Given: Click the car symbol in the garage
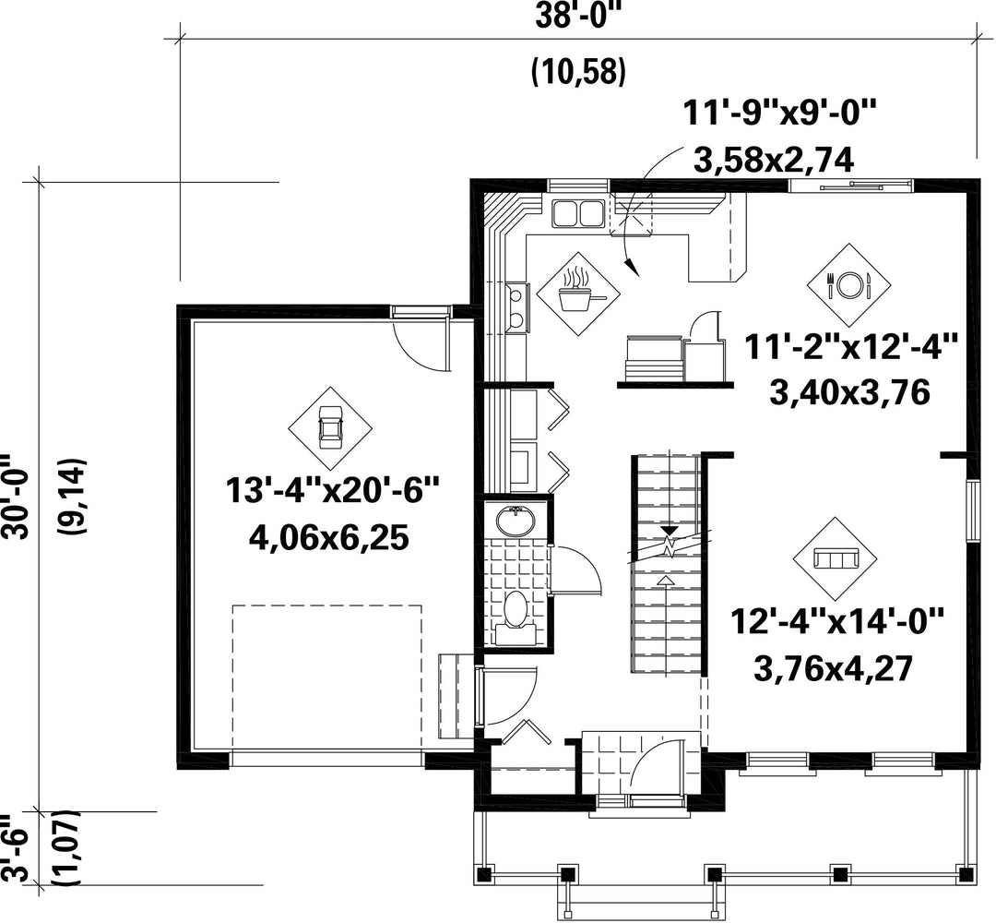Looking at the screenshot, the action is click(x=330, y=428).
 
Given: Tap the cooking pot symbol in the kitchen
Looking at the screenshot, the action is click(x=577, y=294).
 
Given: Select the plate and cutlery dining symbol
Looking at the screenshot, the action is click(x=848, y=285).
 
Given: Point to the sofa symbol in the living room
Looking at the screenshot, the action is click(x=835, y=558).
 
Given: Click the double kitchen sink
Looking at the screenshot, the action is click(x=578, y=213).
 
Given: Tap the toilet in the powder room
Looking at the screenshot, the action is click(x=516, y=617).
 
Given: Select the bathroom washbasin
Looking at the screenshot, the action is click(x=516, y=521).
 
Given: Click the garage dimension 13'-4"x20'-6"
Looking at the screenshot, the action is click(x=333, y=491).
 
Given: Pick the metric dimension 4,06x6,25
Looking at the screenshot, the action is click(x=328, y=539).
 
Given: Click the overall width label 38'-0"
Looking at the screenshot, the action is click(x=577, y=16).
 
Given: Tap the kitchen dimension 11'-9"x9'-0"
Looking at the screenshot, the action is click(x=779, y=114).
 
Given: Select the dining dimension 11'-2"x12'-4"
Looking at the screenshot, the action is click(x=850, y=348).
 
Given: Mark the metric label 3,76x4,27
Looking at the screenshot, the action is click(x=834, y=669).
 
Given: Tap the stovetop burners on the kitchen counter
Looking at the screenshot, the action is click(x=517, y=307).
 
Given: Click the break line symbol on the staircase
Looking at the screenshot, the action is click(x=670, y=545).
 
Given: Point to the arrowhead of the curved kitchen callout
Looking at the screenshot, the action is click(x=632, y=269).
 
